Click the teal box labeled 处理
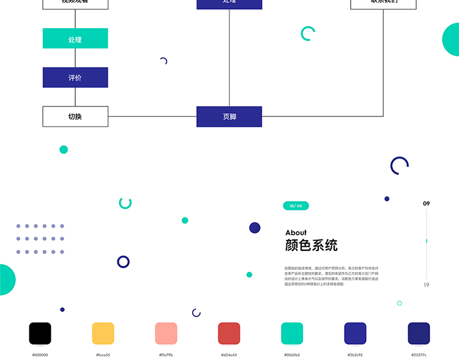[x=75, y=39]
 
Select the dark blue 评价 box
[x=75, y=78]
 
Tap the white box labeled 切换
[x=75, y=116]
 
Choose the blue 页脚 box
[x=229, y=116]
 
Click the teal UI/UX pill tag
[x=296, y=206]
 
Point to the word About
[x=296, y=233]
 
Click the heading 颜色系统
[x=311, y=246]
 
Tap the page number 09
[x=427, y=203]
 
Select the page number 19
[x=427, y=285]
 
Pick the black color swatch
[x=40, y=334]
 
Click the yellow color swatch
[x=103, y=334]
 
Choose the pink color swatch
[x=166, y=334]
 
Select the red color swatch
[x=229, y=334]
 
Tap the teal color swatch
[x=292, y=334]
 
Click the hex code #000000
[x=40, y=354]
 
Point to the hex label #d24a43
[x=229, y=354]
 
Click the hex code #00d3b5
[x=292, y=354]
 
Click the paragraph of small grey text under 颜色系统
[x=331, y=276]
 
